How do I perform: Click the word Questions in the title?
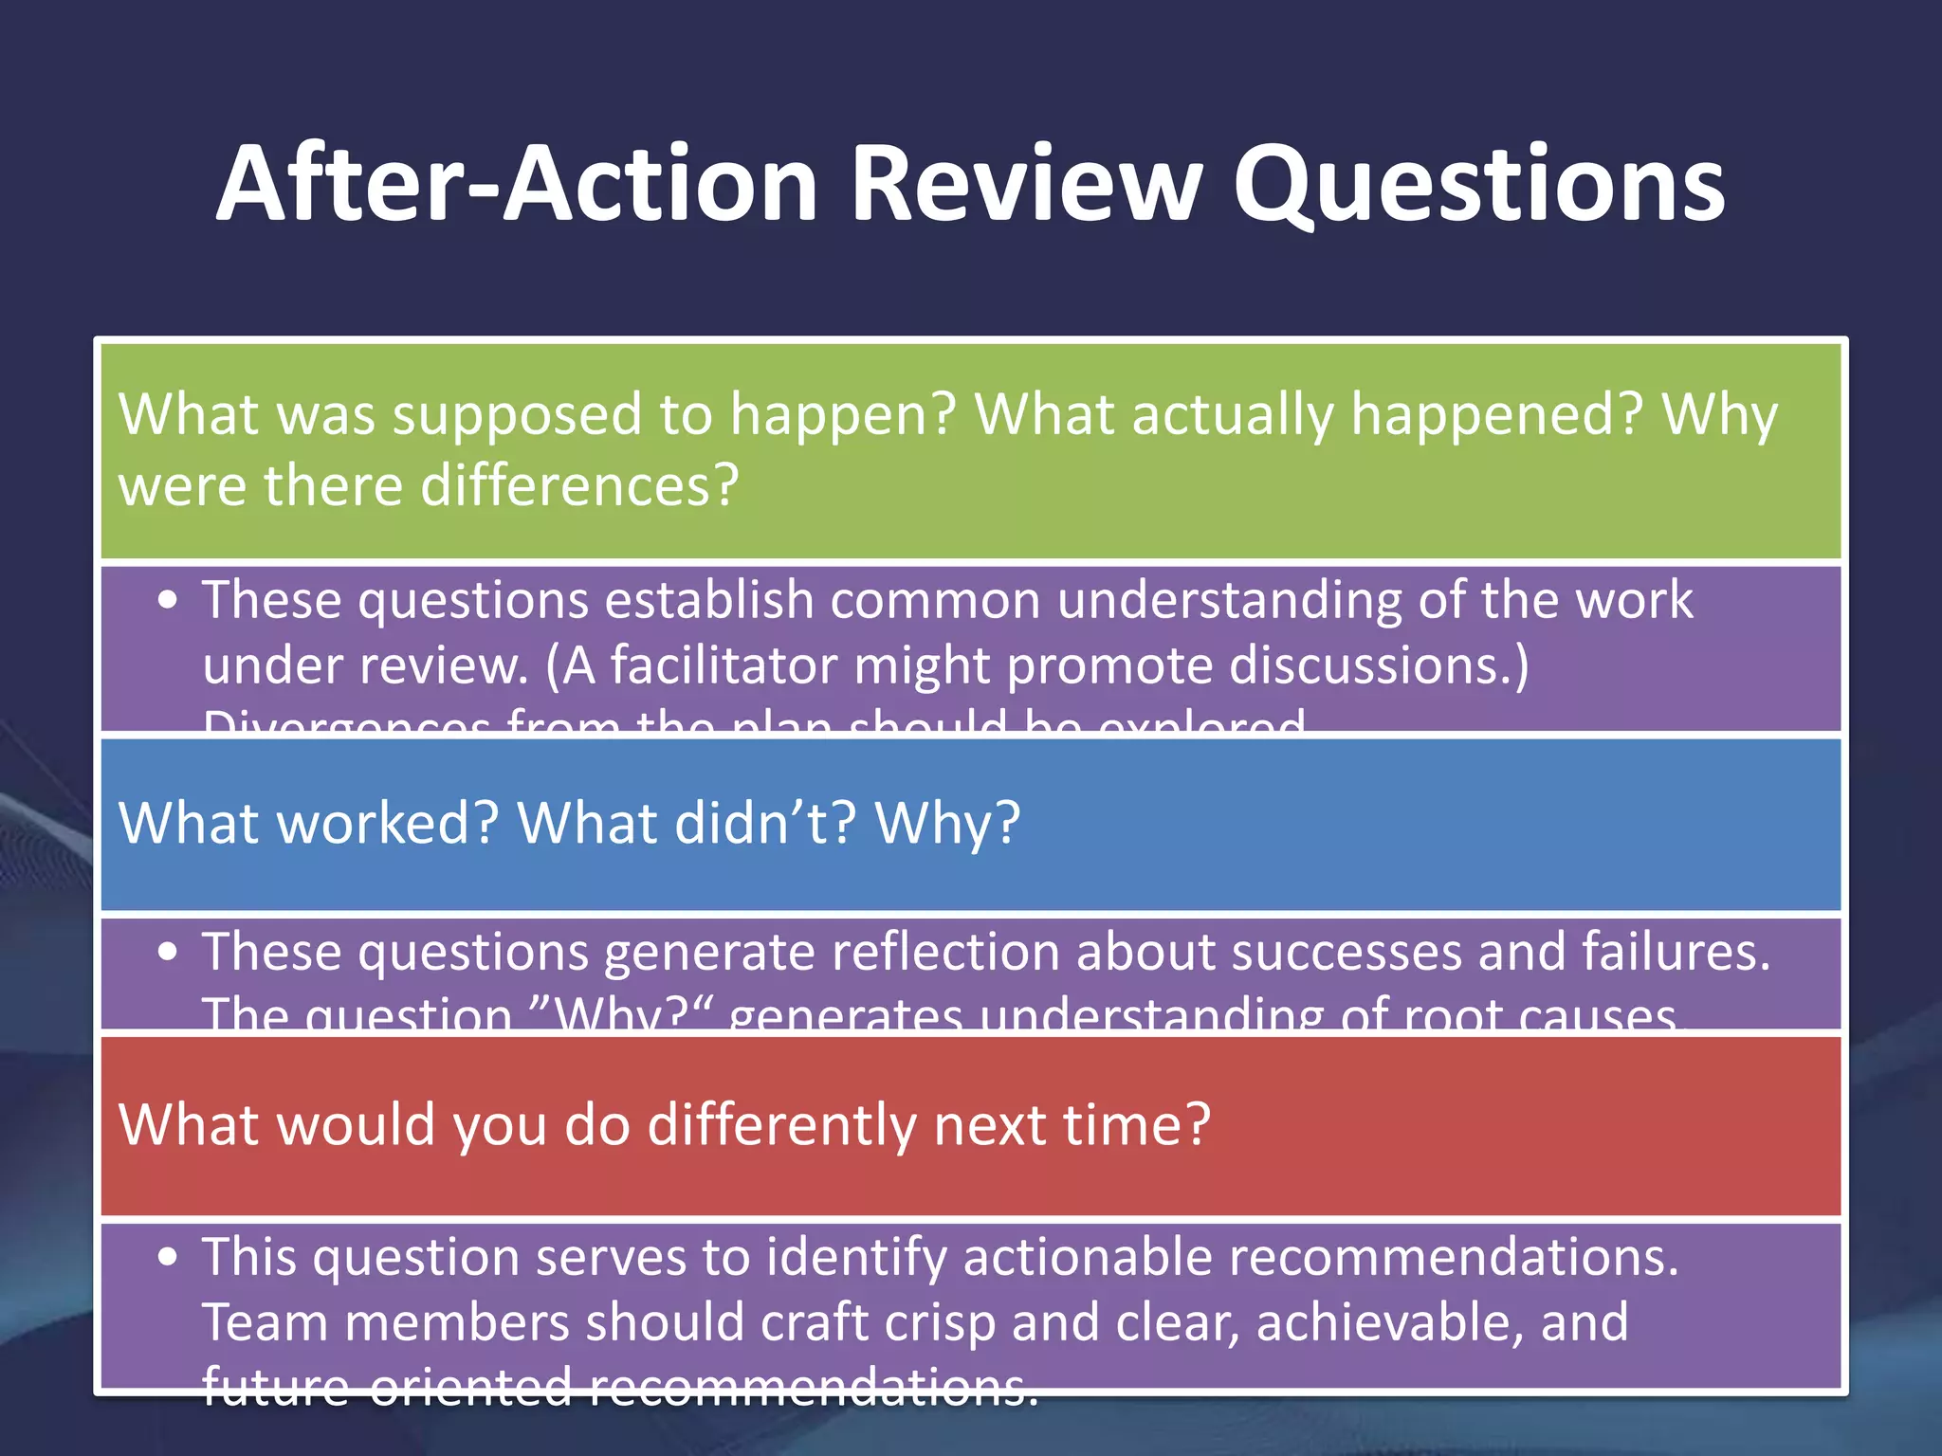pyautogui.click(x=1478, y=185)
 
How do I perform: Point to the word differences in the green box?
pyautogui.click(x=579, y=486)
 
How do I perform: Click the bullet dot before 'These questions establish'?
pyautogui.click(x=168, y=601)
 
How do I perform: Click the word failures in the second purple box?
pyautogui.click(x=1675, y=952)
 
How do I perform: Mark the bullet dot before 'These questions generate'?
pyautogui.click(x=168, y=953)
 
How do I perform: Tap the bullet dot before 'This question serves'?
pyautogui.click(x=168, y=1258)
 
